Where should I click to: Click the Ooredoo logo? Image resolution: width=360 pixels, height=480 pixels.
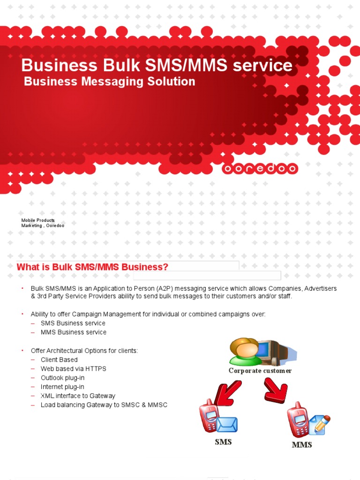point(259,169)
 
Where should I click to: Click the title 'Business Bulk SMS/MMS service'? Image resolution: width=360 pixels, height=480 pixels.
point(157,65)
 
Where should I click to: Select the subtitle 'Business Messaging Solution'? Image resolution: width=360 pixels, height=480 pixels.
point(109,82)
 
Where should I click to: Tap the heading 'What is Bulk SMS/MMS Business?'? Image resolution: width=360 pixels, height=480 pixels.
point(92,267)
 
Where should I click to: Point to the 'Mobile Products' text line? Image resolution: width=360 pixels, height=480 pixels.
point(38,220)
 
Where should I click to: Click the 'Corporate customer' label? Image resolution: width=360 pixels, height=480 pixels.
point(260,371)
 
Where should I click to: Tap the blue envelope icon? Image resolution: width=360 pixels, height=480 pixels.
point(227,425)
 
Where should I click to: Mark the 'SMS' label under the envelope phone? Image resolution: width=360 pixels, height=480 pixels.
point(223,442)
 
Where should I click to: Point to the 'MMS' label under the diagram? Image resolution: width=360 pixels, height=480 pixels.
point(302,444)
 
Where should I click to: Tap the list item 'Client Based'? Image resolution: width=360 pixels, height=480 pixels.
point(59,360)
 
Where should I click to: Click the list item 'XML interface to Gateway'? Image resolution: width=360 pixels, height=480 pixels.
point(78,396)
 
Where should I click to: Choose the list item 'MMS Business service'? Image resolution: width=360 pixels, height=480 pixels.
point(73,332)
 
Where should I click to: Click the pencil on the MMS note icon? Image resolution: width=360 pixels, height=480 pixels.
point(322,423)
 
